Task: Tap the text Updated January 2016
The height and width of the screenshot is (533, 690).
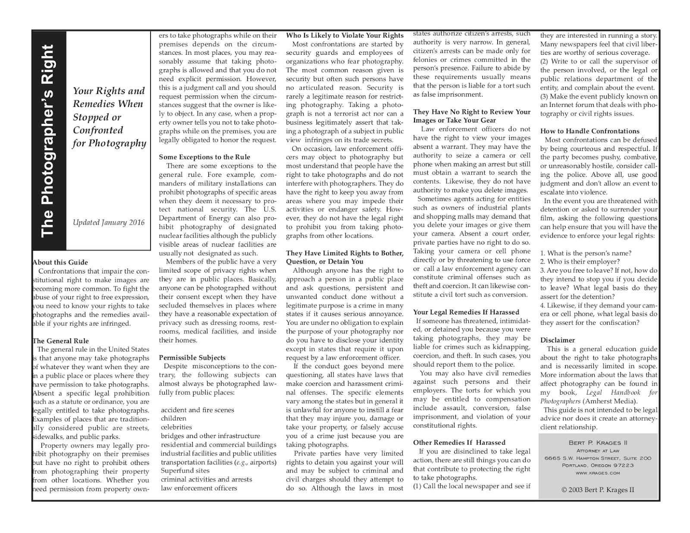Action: (109, 223)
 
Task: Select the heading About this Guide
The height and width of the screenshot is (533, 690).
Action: (60, 262)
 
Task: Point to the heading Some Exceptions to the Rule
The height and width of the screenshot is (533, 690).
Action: (204, 157)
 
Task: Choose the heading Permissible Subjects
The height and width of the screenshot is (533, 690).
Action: (192, 357)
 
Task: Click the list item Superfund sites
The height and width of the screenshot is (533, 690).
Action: (185, 470)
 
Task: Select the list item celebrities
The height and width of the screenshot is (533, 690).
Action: (176, 427)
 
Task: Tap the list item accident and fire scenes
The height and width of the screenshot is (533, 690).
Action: (198, 410)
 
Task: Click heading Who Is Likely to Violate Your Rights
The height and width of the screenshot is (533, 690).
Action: (345, 35)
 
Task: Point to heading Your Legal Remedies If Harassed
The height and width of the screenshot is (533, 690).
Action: (466, 312)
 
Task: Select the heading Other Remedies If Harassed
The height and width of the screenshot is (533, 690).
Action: (459, 442)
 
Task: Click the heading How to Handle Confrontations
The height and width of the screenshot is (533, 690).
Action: (590, 131)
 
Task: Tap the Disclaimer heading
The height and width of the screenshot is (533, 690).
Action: (557, 340)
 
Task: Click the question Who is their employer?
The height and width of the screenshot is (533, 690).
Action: (580, 262)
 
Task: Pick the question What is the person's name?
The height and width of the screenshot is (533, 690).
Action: (586, 253)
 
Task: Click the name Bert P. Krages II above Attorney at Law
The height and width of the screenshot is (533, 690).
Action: (598, 443)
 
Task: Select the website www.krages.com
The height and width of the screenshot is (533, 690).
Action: (598, 473)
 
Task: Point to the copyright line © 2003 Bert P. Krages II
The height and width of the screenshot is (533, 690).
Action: (598, 489)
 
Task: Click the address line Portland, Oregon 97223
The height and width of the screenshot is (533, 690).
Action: (598, 465)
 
